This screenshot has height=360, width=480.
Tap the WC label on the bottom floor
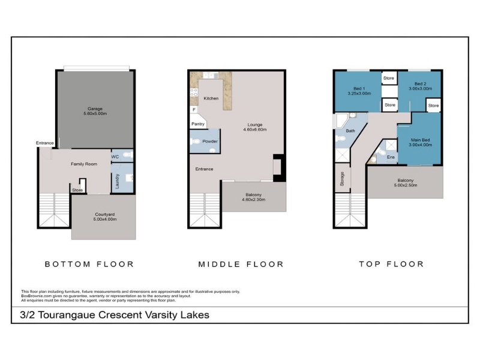pos(115,157)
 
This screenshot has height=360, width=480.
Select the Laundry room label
pos(117,181)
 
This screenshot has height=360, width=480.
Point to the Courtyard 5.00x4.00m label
pos(104,217)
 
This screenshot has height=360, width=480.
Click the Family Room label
pos(84,164)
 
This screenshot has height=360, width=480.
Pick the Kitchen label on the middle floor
pos(211,98)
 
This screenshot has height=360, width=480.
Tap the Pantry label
pos(198,124)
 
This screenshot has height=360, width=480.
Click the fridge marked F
pos(194,109)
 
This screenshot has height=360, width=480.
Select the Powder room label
pos(210,142)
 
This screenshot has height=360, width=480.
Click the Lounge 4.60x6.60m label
pos(254,127)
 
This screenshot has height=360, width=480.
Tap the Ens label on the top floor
pos(391,157)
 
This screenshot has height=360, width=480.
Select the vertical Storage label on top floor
pos(342,179)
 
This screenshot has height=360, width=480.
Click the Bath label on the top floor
pos(350,131)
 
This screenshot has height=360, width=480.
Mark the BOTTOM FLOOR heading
pos(89,264)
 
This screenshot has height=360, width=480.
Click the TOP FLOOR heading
pos(392,264)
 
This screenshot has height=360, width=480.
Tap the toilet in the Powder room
pos(194,142)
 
